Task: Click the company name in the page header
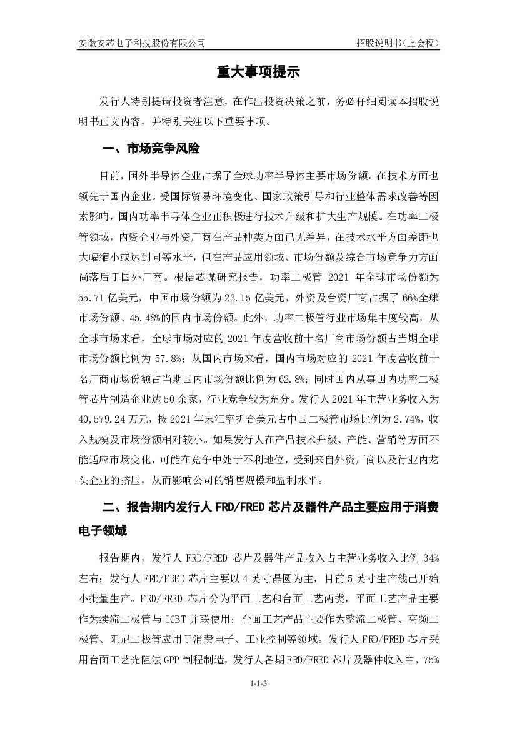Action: coord(141,43)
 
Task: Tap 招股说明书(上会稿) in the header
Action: coord(399,43)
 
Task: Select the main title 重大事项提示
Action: coord(258,73)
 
